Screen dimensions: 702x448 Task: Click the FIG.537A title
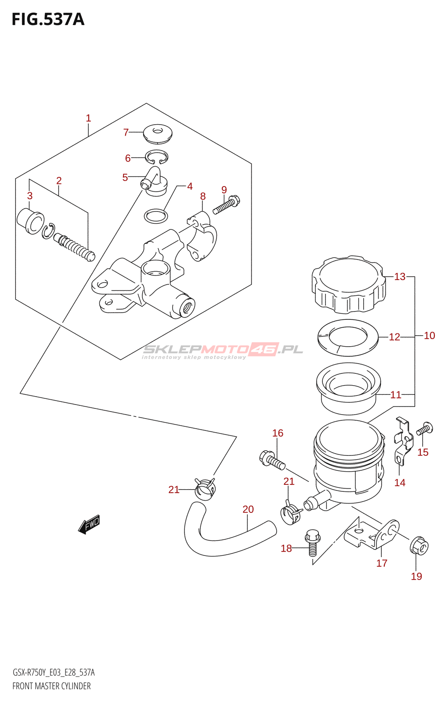click(47, 20)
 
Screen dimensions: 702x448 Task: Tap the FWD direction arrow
click(89, 524)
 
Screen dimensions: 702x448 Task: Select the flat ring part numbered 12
click(347, 337)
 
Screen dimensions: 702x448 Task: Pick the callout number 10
click(429, 336)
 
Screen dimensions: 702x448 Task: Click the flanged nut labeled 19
click(419, 546)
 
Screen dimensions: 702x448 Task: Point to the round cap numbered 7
click(158, 133)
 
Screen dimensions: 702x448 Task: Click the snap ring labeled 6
click(157, 157)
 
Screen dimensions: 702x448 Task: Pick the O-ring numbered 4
click(156, 216)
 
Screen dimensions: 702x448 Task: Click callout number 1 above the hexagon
click(88, 118)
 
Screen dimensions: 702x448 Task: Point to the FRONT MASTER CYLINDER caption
click(51, 686)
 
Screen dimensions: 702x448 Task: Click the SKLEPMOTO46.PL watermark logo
click(223, 350)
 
